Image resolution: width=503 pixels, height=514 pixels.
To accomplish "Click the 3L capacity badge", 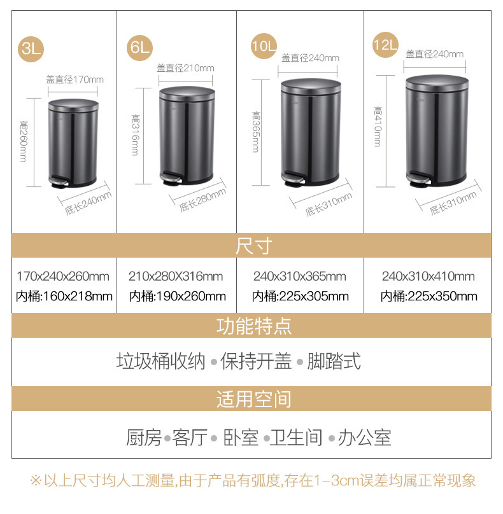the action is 31,49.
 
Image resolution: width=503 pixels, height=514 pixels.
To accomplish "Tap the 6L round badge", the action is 140,48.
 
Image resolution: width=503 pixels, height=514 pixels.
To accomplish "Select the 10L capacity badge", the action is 264,46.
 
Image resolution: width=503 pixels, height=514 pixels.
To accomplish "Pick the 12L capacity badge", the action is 386,45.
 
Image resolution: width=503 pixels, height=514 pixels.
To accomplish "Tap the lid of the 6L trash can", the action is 187,94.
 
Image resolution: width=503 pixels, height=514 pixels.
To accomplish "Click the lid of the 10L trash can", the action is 311,87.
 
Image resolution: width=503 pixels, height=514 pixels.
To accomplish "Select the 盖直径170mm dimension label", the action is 74,80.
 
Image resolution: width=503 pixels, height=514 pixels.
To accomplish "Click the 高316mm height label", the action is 135,135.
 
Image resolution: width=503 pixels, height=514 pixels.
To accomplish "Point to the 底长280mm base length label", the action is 202,200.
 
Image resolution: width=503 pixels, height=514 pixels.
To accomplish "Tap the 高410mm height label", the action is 378,126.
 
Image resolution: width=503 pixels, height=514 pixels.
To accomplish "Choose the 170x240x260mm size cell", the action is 63,276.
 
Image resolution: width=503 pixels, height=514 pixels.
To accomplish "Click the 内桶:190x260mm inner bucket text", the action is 177,296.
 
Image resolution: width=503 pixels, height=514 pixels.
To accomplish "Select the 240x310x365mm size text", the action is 299,276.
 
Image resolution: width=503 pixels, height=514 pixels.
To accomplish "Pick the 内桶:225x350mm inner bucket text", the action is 429,296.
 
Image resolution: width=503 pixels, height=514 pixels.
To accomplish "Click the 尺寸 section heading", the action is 253,246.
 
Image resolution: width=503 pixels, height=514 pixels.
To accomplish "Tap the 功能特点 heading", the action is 253,326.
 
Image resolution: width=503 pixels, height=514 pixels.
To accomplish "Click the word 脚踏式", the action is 334,361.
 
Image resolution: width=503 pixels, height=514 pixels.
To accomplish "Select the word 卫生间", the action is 296,438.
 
